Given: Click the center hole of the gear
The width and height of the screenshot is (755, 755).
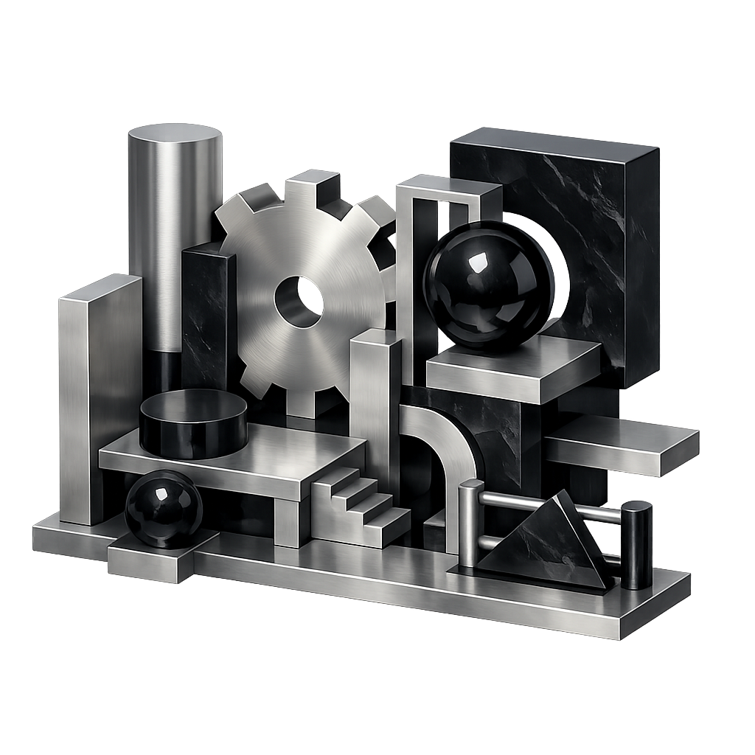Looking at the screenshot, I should click(299, 302).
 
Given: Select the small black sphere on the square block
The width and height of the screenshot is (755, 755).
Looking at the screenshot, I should click(163, 509).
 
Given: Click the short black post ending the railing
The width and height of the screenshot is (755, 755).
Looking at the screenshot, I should click(636, 546).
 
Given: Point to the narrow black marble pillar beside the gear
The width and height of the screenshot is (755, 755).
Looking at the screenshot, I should click(208, 317).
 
